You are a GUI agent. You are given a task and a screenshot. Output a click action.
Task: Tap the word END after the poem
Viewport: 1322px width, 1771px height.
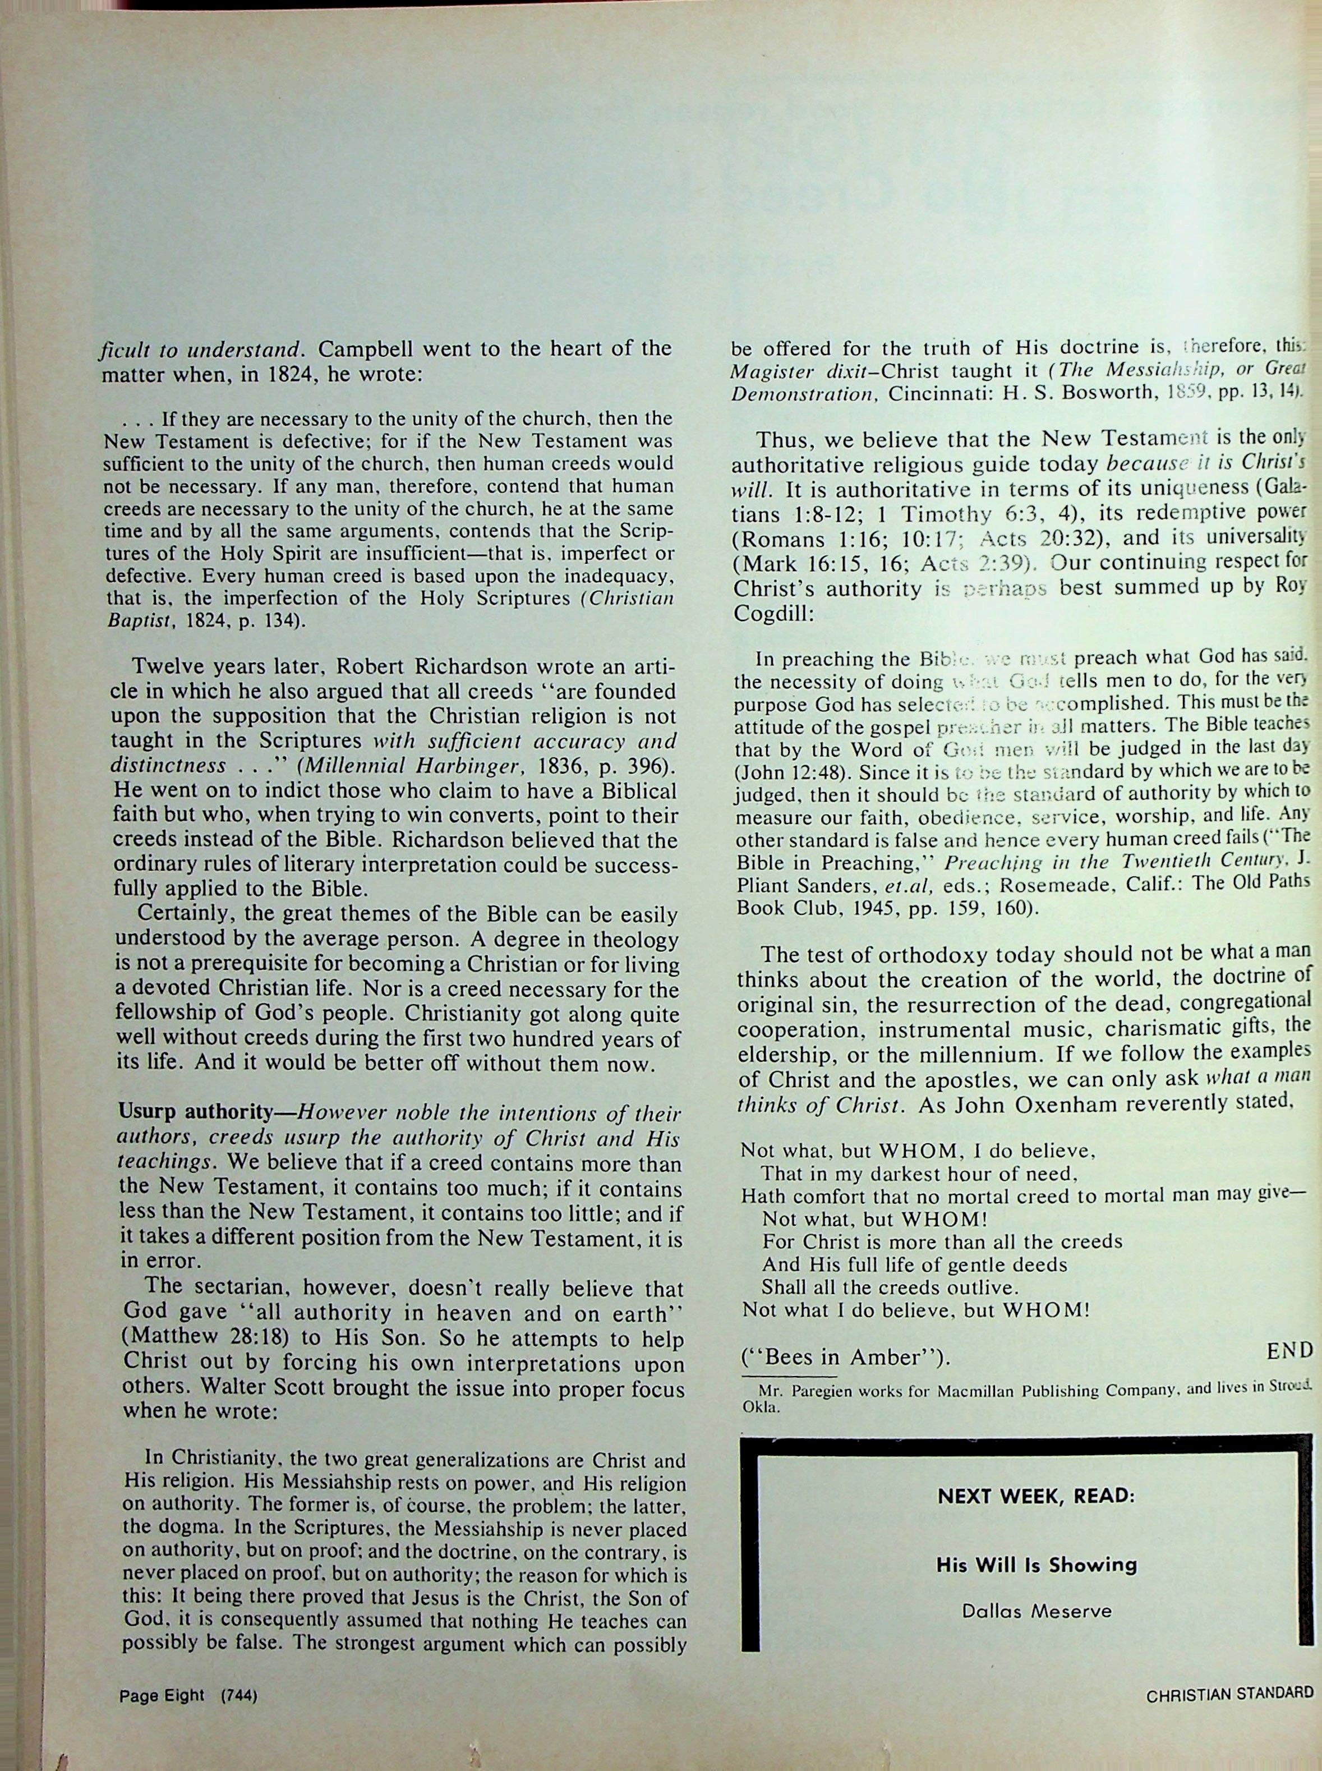tap(1290, 1349)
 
